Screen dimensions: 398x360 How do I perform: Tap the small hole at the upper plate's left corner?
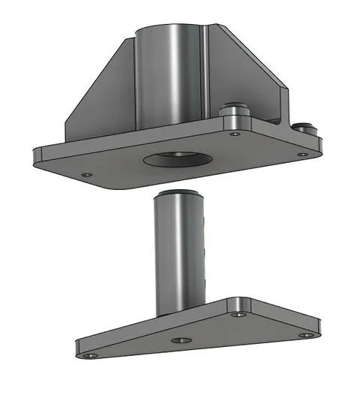pyautogui.click(x=87, y=174)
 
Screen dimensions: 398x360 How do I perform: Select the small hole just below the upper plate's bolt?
pyautogui.click(x=235, y=134)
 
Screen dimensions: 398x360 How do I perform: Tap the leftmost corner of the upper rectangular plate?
pyautogui.click(x=36, y=155)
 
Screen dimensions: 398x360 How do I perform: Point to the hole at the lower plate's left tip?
pyautogui.click(x=91, y=354)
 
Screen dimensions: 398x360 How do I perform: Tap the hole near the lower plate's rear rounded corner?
pyautogui.click(x=239, y=309)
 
